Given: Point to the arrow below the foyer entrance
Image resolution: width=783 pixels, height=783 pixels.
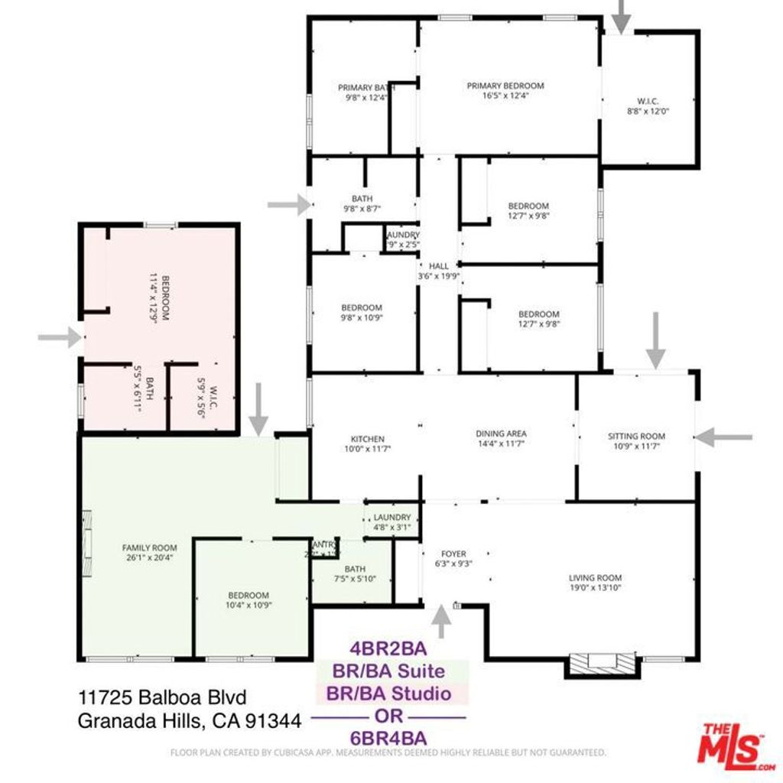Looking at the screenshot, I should [441, 621].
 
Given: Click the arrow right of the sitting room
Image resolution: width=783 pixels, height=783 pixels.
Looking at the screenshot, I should [723, 437].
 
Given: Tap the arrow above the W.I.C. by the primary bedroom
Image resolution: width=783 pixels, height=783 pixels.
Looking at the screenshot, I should [622, 15].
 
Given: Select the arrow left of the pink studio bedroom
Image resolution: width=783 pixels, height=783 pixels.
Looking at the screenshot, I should [60, 336].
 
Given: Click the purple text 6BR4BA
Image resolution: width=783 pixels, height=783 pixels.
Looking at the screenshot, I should [388, 738].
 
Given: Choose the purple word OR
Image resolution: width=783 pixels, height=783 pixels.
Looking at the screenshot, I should [388, 716].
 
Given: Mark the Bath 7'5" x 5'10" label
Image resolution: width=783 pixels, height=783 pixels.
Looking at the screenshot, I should [356, 573].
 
